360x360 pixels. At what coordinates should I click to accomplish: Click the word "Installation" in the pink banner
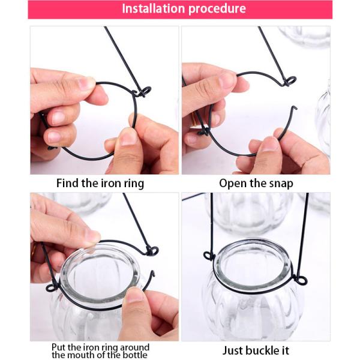tap(153, 8)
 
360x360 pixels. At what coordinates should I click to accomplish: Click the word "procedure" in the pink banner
tap(217, 9)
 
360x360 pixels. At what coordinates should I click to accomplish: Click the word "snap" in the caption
tap(281, 184)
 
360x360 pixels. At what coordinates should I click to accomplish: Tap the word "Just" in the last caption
tap(232, 350)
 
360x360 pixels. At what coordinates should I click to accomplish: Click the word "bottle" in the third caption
tap(135, 355)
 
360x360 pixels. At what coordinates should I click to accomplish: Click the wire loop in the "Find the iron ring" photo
tap(143, 91)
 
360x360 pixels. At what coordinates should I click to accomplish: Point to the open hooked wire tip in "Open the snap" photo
tap(295, 107)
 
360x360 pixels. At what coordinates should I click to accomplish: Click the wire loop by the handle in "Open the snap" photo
tap(290, 82)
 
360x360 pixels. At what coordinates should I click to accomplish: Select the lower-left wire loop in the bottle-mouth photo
tap(52, 287)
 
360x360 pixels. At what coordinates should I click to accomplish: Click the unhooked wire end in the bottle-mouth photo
tap(152, 274)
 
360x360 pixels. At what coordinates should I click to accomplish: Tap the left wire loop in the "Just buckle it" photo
tap(209, 256)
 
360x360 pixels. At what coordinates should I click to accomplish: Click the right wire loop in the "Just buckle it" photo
tap(301, 280)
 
